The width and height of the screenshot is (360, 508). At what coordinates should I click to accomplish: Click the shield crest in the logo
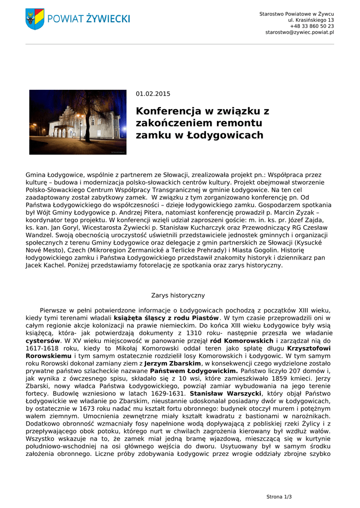click(x=35, y=19)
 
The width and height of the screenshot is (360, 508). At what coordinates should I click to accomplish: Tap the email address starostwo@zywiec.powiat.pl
click(x=299, y=32)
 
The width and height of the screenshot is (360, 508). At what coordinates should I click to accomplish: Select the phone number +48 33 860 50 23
click(x=312, y=26)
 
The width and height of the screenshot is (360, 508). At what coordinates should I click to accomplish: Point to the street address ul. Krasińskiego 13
click(x=311, y=20)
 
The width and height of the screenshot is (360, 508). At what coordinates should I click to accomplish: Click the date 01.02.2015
click(x=153, y=94)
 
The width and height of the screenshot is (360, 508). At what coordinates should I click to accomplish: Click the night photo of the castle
click(x=78, y=122)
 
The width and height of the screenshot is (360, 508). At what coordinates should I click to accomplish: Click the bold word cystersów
click(x=43, y=341)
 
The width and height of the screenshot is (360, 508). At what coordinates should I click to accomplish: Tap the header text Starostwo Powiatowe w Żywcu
click(x=296, y=14)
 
